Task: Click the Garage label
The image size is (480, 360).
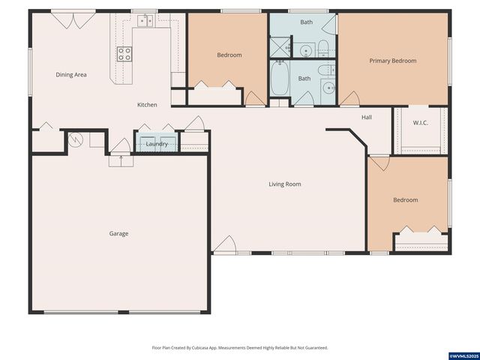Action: click(118, 233)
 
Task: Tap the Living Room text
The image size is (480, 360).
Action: click(285, 184)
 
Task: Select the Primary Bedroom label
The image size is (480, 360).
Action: click(392, 61)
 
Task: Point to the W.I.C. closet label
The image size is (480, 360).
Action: click(420, 122)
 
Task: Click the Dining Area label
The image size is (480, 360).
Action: click(71, 75)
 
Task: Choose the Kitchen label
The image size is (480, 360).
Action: click(147, 105)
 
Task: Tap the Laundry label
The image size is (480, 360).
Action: click(157, 144)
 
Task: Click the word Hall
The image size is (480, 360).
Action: click(367, 117)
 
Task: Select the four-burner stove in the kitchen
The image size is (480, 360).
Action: click(124, 53)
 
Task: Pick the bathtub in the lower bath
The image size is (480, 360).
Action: click(279, 79)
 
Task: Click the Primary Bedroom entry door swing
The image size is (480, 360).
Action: click(349, 98)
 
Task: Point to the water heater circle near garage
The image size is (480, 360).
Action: click(75, 139)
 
